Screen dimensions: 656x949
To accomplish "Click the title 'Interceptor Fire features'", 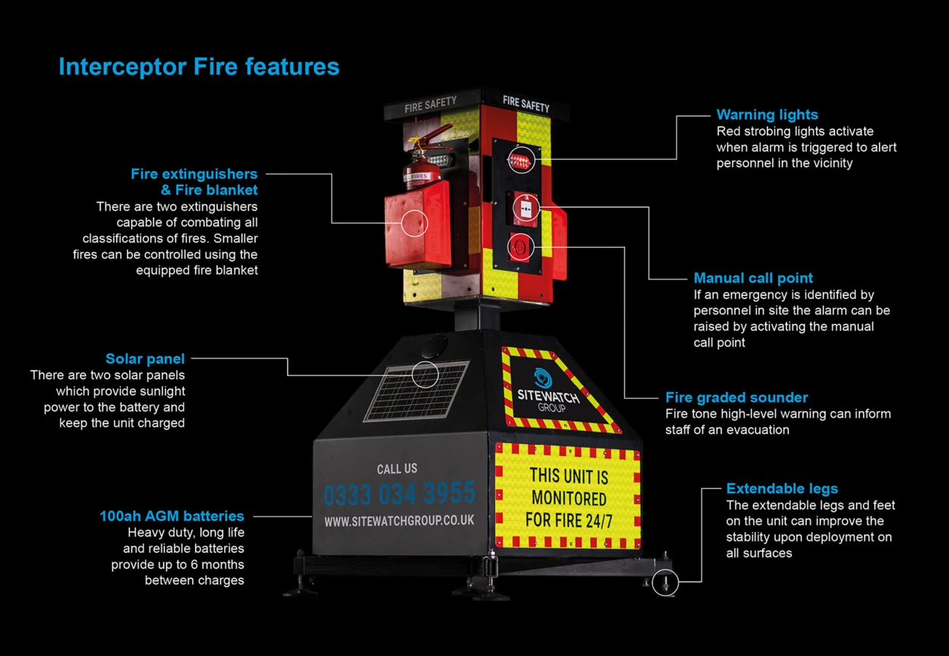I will click(199, 67).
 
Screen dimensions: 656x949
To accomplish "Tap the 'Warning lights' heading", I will click(767, 115).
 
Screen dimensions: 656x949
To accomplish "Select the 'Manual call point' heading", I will click(753, 278).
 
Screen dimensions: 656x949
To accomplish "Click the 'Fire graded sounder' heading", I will click(736, 397).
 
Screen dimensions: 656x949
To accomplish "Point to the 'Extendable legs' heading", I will click(782, 488).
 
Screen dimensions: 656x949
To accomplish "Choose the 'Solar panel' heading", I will click(145, 358).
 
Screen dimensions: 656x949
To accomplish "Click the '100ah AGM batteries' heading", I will click(172, 516).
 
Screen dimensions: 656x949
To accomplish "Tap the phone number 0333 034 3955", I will click(399, 494).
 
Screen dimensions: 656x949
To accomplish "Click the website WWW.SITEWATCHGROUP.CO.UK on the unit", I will click(399, 521).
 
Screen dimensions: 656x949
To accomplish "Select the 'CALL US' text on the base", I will click(397, 468).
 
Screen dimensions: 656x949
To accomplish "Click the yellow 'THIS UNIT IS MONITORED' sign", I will click(569, 497).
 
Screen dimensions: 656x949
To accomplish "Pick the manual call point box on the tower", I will click(524, 207).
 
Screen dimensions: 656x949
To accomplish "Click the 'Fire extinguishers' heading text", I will click(194, 174).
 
